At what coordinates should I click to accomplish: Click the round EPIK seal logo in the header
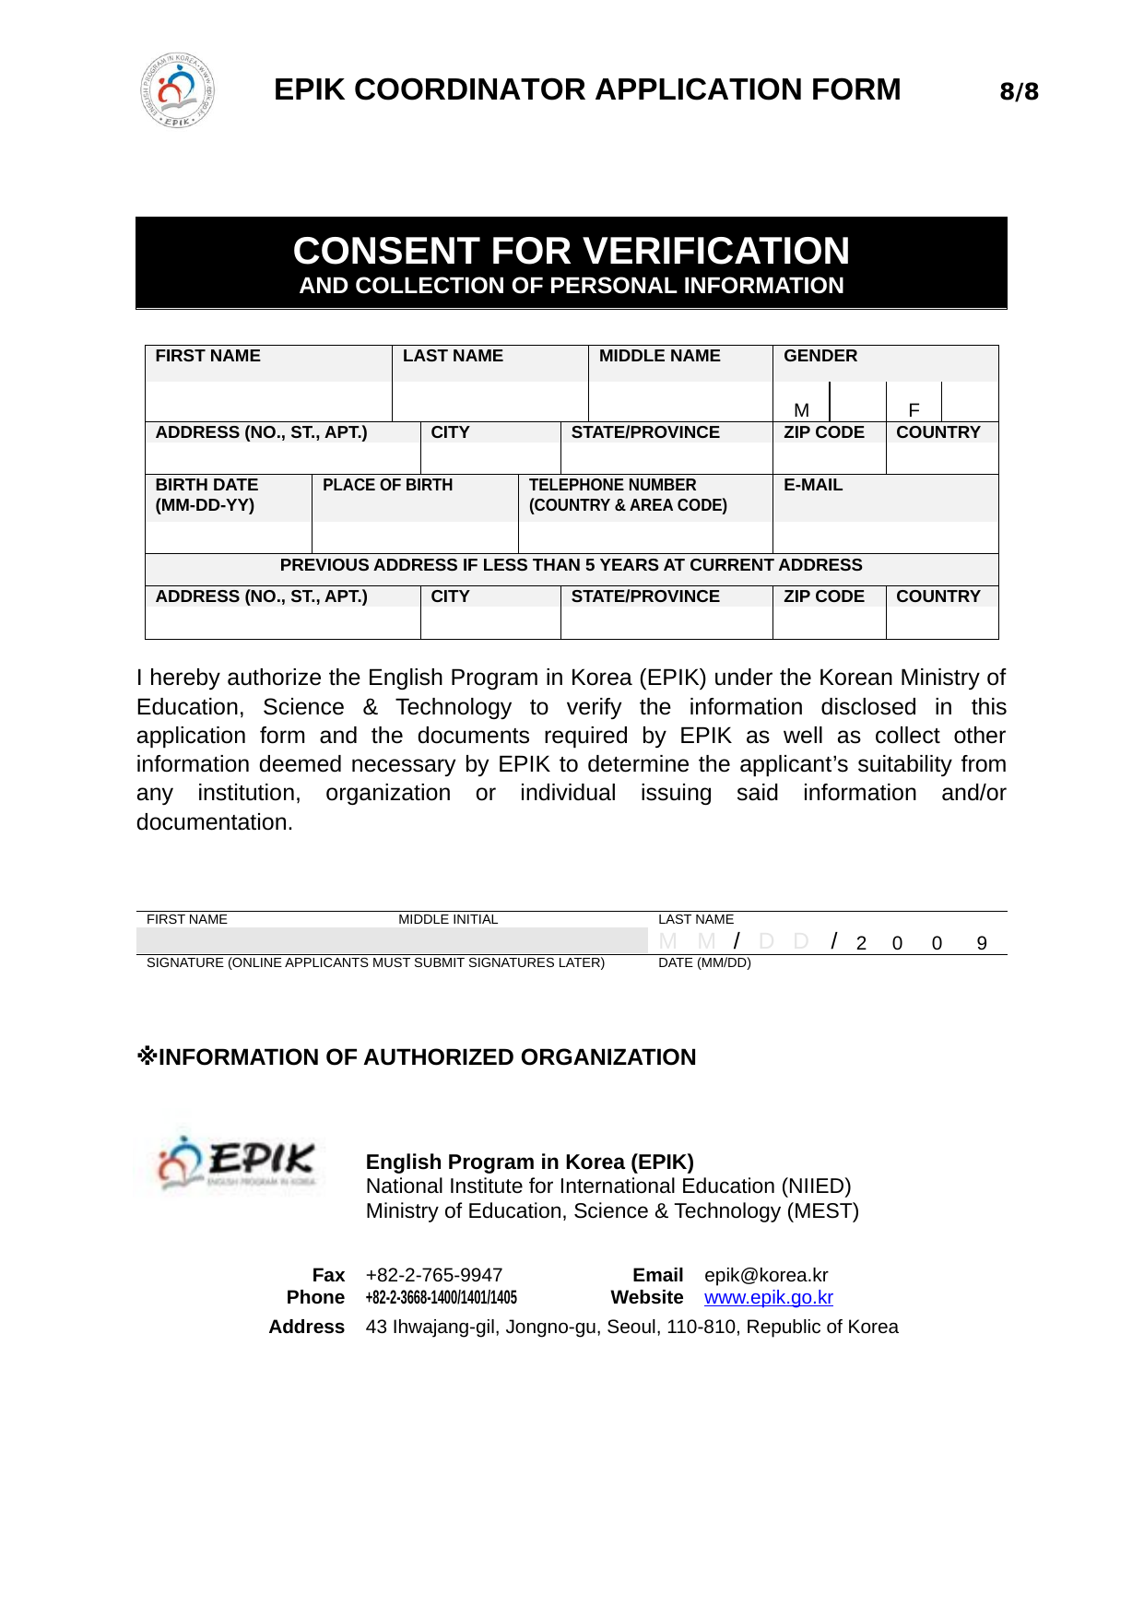tap(178, 90)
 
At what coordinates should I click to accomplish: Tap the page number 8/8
tap(1019, 91)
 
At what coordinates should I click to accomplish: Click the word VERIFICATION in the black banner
tap(716, 251)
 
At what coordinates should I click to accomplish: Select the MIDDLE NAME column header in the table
tap(659, 356)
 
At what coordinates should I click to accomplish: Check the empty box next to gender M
tap(857, 403)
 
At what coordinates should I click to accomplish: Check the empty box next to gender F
tap(970, 403)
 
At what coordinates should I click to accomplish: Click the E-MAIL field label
tap(813, 485)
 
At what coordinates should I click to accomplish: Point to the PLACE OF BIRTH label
tap(387, 485)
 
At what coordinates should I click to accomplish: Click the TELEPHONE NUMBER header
tap(612, 485)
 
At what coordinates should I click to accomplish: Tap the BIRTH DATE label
tap(206, 485)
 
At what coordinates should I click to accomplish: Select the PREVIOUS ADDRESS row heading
tap(571, 565)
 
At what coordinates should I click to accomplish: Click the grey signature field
tap(392, 940)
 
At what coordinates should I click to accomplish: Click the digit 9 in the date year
tap(982, 943)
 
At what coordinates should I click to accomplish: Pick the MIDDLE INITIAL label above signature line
tap(448, 919)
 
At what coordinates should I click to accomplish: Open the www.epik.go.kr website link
tap(768, 1298)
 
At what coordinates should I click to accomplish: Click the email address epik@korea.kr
tap(766, 1275)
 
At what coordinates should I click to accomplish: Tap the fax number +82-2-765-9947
tap(434, 1275)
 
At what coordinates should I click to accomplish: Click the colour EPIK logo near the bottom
tap(237, 1163)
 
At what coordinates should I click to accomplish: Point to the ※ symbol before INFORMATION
tap(147, 1056)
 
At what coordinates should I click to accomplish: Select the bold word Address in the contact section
tap(307, 1327)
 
